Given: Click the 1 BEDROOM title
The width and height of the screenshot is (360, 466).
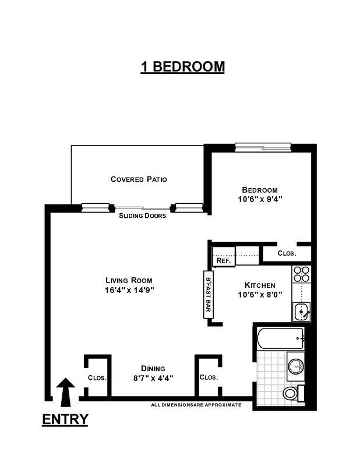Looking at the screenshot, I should coord(182,66).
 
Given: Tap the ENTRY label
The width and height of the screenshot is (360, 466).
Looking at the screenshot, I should coord(65,419).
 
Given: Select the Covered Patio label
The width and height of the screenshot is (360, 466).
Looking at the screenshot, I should coord(139,179).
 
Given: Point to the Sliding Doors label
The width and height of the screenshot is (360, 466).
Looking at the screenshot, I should coord(142,216).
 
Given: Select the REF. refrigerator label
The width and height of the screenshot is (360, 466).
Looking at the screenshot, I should coord(224,261).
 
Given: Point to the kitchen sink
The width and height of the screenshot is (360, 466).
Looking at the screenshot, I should coord(302,312).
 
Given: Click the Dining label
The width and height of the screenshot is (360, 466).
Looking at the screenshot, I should coord(153,368).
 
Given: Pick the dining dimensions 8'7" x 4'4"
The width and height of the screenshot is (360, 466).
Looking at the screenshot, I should coord(153,377).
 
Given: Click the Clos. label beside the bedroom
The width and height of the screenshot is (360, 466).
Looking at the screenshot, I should coord(287,253).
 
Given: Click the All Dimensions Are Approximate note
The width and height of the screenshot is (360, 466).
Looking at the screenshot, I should coord(196,404).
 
